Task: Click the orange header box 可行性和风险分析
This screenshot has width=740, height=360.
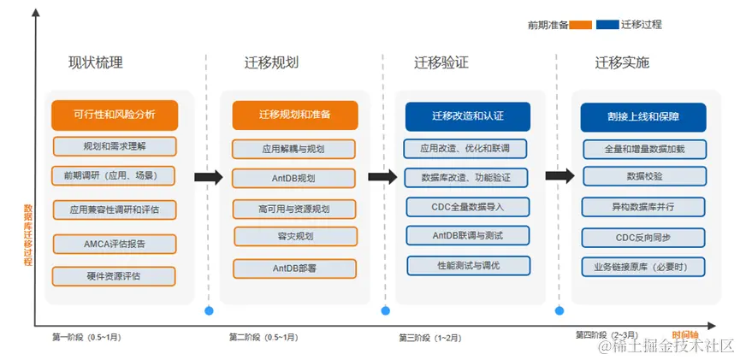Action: click(x=114, y=115)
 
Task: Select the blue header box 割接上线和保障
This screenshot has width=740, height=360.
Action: click(x=642, y=117)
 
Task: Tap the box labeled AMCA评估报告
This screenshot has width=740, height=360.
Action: click(x=114, y=244)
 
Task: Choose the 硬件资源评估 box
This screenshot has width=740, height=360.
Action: click(x=114, y=276)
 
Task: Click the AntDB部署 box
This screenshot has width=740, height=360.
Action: click(x=294, y=269)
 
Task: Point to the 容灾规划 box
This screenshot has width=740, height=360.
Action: click(x=295, y=237)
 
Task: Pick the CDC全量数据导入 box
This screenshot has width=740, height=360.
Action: click(x=467, y=207)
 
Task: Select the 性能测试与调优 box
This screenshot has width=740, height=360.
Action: click(x=468, y=266)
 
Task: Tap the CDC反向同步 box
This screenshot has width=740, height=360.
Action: click(x=643, y=237)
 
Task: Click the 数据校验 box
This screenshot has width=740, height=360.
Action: click(x=643, y=177)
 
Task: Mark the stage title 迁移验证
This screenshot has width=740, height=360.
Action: click(x=441, y=62)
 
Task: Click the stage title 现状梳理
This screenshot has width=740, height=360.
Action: click(x=96, y=62)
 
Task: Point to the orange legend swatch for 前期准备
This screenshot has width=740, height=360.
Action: click(x=582, y=25)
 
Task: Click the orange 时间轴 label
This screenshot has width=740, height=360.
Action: click(x=684, y=334)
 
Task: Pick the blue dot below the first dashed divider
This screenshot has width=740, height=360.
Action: click(x=208, y=310)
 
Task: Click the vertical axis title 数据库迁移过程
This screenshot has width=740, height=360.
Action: click(x=28, y=235)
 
